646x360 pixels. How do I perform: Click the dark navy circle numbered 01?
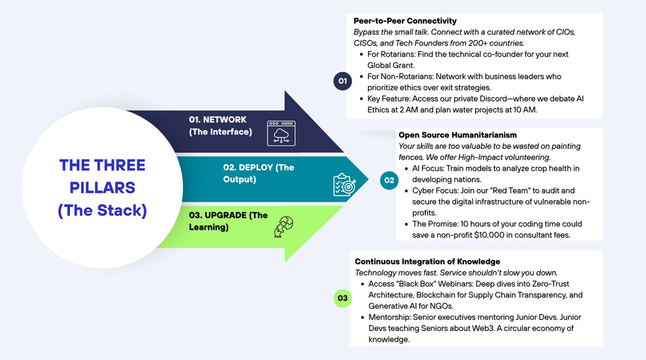[x=343, y=81]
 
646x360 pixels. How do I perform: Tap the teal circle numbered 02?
[x=389, y=180]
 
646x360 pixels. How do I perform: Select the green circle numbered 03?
[x=342, y=298]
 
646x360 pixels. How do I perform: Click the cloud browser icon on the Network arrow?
[x=281, y=133]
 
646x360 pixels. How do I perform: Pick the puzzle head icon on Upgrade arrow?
[x=284, y=227]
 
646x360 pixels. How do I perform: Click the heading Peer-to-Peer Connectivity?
[x=405, y=21]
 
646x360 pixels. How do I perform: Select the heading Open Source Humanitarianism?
[x=458, y=135]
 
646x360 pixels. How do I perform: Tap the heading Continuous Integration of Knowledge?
[x=427, y=262]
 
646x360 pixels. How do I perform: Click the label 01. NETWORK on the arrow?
[x=218, y=120]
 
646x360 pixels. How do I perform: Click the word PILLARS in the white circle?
[x=102, y=187]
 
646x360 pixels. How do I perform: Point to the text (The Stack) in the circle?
[x=102, y=210]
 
